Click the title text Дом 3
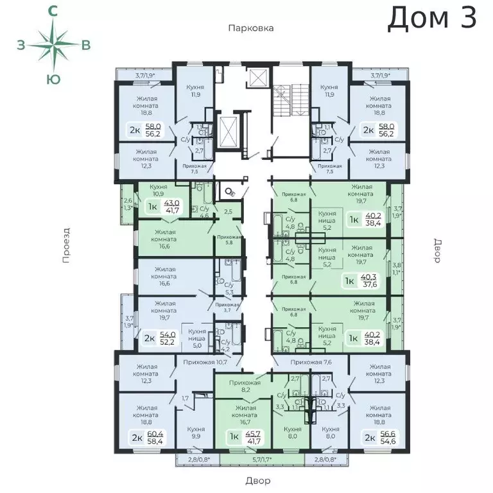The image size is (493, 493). pyautogui.click(x=432, y=18)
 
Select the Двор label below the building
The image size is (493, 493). pyautogui.click(x=257, y=481)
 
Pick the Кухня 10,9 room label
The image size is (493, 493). pyautogui.click(x=158, y=190)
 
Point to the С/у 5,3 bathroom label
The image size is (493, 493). pyautogui.click(x=228, y=290)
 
